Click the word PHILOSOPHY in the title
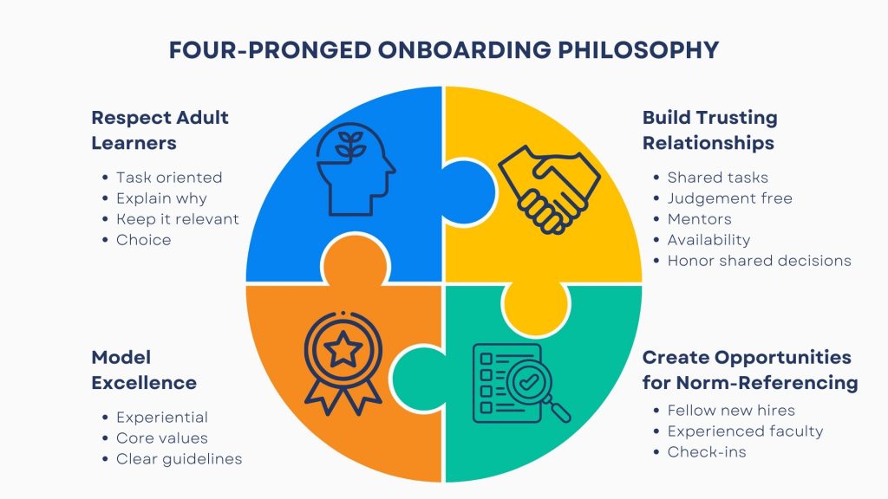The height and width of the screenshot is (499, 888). pyautogui.click(x=638, y=49)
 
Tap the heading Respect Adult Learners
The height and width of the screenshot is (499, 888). pyautogui.click(x=160, y=130)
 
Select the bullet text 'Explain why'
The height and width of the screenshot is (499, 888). pyautogui.click(x=161, y=198)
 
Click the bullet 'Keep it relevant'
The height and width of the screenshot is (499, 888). pyautogui.click(x=177, y=219)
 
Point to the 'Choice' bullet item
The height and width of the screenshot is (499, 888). pyautogui.click(x=143, y=240)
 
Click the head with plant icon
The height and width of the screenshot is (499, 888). pyautogui.click(x=355, y=169)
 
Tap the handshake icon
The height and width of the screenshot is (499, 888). pyautogui.click(x=549, y=189)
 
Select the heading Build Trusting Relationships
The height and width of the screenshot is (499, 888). pyautogui.click(x=709, y=130)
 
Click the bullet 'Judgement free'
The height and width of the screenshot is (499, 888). pyautogui.click(x=729, y=198)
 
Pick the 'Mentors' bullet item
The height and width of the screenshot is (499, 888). pyautogui.click(x=700, y=219)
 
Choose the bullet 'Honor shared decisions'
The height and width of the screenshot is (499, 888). pyautogui.click(x=759, y=261)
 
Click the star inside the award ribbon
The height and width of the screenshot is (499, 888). pyautogui.click(x=343, y=350)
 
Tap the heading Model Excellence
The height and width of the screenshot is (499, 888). pyautogui.click(x=144, y=370)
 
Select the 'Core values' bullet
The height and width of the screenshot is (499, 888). pyautogui.click(x=162, y=437)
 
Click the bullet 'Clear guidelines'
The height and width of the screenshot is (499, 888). pyautogui.click(x=179, y=459)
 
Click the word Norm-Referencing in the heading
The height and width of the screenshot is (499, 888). pyautogui.click(x=767, y=383)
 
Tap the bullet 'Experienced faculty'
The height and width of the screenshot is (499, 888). pyautogui.click(x=745, y=431)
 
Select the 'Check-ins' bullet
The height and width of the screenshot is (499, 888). pyautogui.click(x=706, y=452)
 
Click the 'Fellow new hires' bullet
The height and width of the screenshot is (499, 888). pyautogui.click(x=731, y=410)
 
